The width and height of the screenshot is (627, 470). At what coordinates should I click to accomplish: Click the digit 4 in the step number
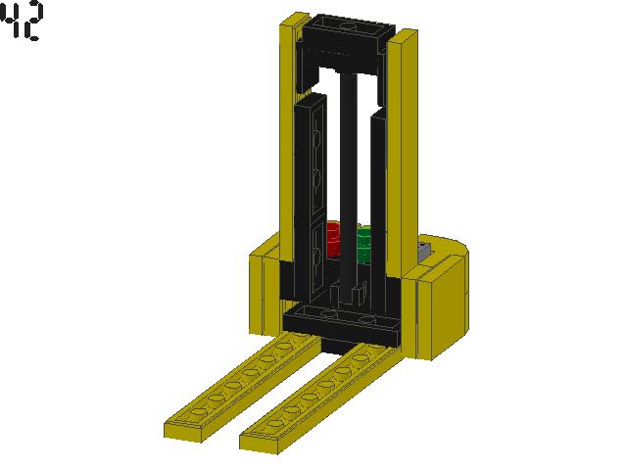[12, 22]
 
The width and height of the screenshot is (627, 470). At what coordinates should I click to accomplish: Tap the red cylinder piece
[333, 240]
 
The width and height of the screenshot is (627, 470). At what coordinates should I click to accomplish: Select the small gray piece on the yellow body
[424, 252]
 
